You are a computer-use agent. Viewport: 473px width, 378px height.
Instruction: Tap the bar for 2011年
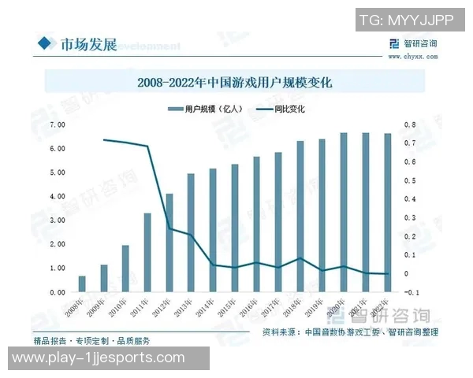pyautogui.click(x=147, y=253)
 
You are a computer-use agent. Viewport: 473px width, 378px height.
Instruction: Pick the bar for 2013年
pyautogui.click(x=191, y=233)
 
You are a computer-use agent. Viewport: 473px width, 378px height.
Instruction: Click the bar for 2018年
pyautogui.click(x=300, y=217)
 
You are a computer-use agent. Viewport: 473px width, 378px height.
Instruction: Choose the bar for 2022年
pyautogui.click(x=388, y=213)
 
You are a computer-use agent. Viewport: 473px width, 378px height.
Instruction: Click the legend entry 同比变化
pyautogui.click(x=289, y=109)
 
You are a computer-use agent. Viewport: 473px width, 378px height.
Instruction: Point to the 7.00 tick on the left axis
pyautogui.click(x=57, y=124)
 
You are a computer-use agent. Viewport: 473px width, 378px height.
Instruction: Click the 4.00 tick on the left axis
pyautogui.click(x=57, y=196)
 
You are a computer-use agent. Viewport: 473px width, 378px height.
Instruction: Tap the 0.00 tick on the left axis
pyautogui.click(x=57, y=292)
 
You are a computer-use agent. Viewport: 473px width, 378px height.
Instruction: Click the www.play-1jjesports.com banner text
pyautogui.click(x=104, y=358)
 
